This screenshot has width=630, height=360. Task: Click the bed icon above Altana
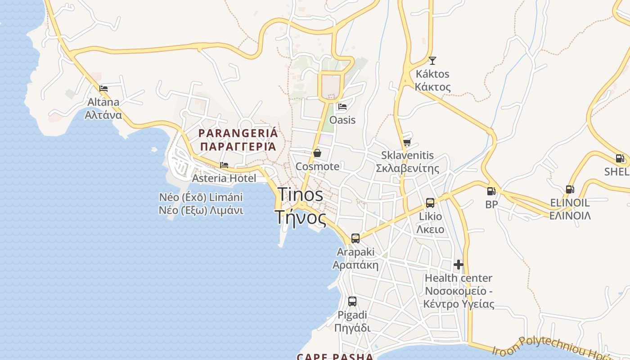103,89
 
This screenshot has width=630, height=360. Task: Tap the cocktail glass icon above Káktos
432,60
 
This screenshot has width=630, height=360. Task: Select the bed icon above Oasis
342,107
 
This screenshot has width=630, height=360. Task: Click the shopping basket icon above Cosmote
317,153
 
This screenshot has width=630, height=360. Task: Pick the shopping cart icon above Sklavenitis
407,142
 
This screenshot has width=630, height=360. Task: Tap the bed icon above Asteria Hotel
224,165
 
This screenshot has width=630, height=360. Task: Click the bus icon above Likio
430,203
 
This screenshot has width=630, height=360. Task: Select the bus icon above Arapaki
355,238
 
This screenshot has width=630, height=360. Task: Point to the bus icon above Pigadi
352,301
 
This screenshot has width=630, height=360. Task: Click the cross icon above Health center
459,265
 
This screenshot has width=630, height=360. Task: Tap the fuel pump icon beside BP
491,191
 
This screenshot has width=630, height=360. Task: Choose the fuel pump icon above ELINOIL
570,189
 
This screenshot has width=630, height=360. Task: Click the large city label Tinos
300,195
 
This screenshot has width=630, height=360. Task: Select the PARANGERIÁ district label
238,133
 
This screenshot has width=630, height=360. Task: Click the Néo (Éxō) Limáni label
201,197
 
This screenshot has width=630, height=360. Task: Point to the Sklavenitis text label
407,155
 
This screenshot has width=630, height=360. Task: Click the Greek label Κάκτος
432,86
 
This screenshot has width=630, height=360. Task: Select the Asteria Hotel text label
224,178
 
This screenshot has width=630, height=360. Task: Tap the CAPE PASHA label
335,357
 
